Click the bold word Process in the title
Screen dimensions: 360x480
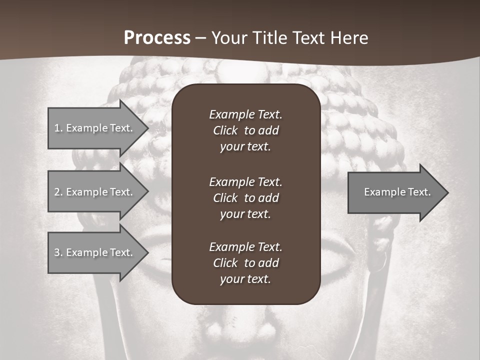[157, 38]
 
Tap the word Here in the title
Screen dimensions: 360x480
[350, 38]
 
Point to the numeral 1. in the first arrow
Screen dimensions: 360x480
[58, 128]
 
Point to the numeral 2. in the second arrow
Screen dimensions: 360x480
[58, 192]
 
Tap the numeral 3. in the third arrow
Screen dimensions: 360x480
[58, 252]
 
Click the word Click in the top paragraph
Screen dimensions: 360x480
[225, 130]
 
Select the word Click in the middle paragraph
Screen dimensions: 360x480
[225, 198]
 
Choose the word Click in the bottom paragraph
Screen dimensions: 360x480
[225, 263]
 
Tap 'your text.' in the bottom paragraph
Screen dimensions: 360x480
[245, 279]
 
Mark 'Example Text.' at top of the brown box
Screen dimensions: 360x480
[245, 114]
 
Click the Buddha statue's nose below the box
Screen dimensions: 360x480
[245, 330]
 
